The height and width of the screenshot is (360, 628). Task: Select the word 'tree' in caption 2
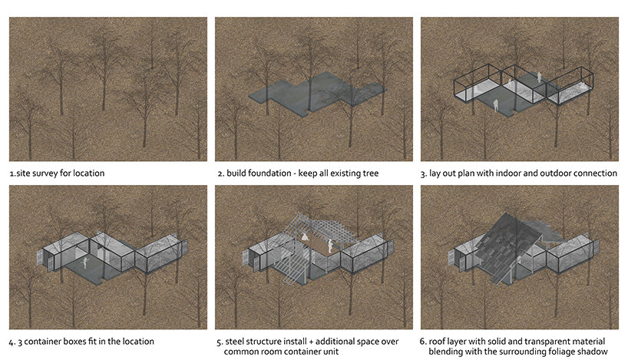tap(370, 173)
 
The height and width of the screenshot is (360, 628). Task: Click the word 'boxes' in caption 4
tap(85, 342)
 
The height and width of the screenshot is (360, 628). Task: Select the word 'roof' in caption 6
tap(437, 342)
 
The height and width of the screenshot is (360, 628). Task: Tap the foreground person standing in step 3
tap(496, 105)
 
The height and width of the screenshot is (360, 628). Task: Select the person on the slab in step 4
tap(85, 263)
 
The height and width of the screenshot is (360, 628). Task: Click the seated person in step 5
tap(306, 236)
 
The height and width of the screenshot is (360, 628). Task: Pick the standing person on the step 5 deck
tap(330, 246)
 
